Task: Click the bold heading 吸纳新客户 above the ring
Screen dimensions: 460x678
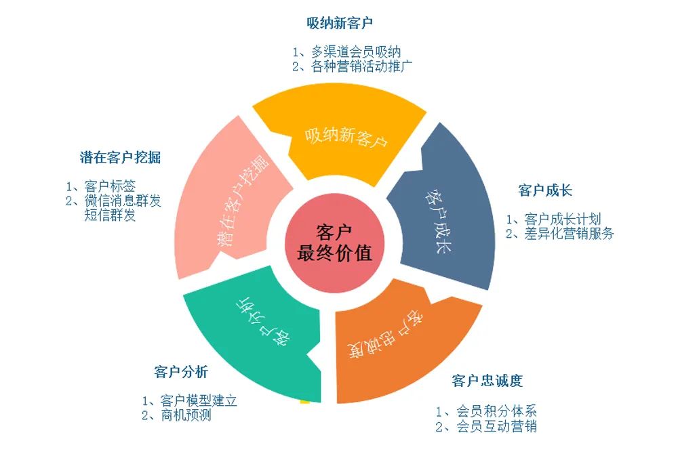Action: [339, 24]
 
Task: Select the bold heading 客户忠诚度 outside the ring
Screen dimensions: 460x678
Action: [487, 381]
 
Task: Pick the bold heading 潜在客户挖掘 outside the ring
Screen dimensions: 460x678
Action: [120, 158]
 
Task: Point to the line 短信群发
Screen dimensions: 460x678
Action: [110, 215]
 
